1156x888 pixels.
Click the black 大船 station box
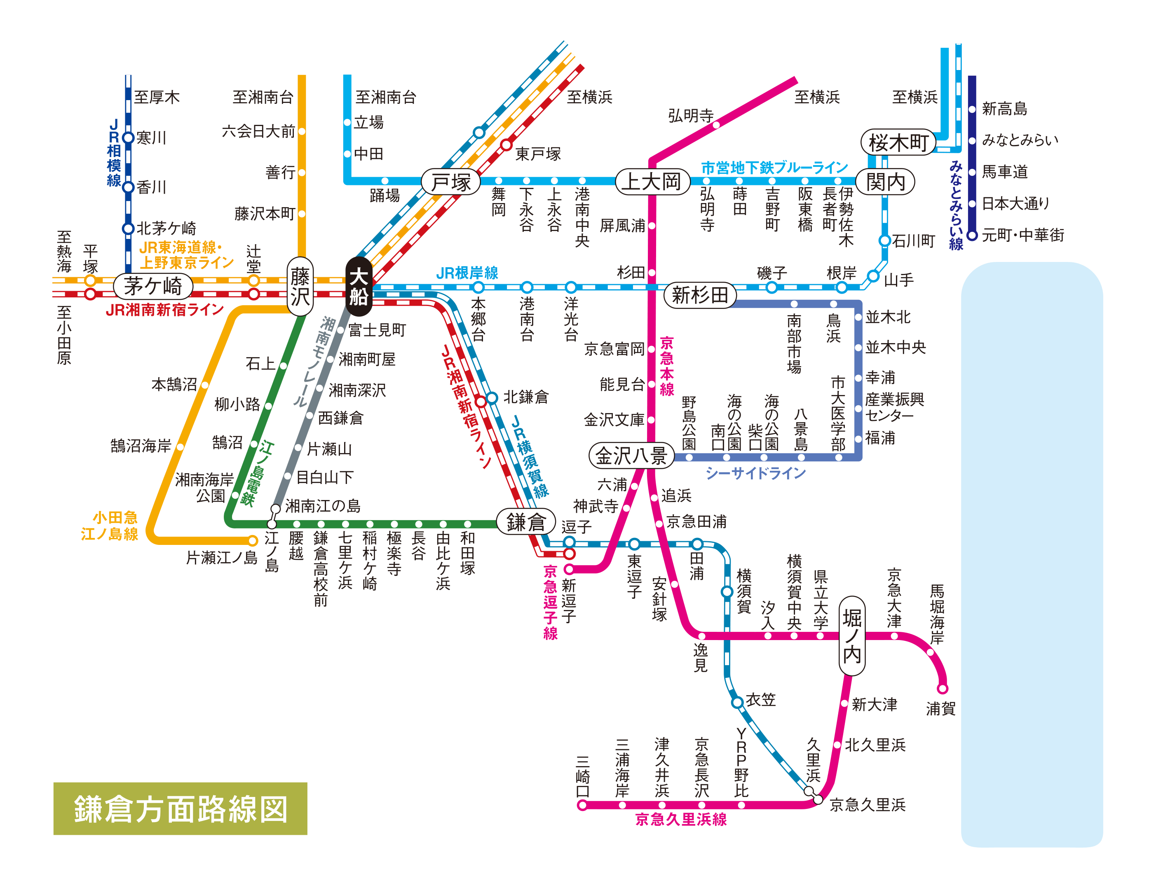tap(359, 286)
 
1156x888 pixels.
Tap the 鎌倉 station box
tap(525, 522)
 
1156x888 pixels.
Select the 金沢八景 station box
tap(631, 456)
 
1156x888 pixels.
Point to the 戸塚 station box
tap(450, 182)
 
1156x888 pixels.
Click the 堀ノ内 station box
tap(852, 636)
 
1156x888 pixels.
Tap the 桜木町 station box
tap(898, 142)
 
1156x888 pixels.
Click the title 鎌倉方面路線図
tap(181, 809)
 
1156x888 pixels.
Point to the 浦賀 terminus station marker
tap(943, 689)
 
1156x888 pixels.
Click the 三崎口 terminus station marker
tap(582, 806)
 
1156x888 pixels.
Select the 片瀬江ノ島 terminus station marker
tap(253, 540)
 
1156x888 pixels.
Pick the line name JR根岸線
tap(467, 273)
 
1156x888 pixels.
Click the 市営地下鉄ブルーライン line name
tap(774, 168)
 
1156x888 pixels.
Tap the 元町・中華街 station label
tap(1023, 235)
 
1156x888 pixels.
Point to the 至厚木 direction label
tap(157, 97)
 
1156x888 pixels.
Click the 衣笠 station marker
tap(737, 703)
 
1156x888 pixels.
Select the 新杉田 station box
tap(700, 295)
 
